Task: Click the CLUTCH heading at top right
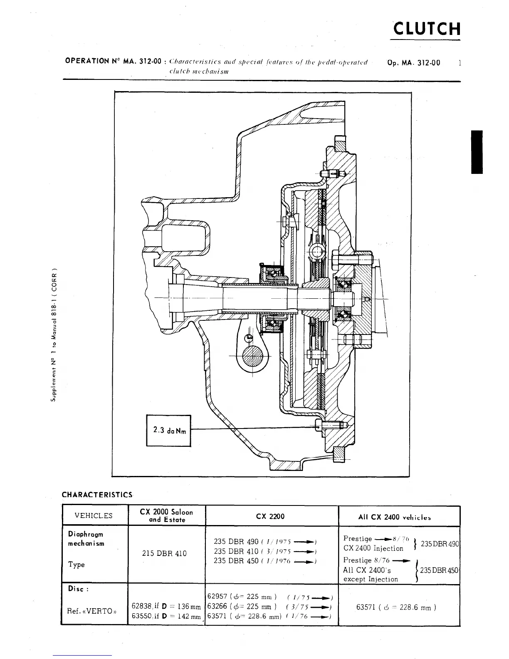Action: coord(427,29)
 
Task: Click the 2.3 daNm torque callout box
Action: coord(168,430)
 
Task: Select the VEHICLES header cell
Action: coord(94,516)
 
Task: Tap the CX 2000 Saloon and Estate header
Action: coord(167,515)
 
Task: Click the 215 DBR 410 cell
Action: coord(165,553)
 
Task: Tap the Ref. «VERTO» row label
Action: coord(91,611)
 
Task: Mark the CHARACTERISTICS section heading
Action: coord(97,495)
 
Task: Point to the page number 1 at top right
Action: coord(459,63)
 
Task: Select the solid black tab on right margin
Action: coord(477,152)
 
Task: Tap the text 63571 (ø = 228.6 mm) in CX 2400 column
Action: coord(396,607)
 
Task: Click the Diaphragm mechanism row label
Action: coord(86,539)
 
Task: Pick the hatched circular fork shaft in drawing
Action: coord(253,355)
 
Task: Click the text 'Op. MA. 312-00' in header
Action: coord(413,63)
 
